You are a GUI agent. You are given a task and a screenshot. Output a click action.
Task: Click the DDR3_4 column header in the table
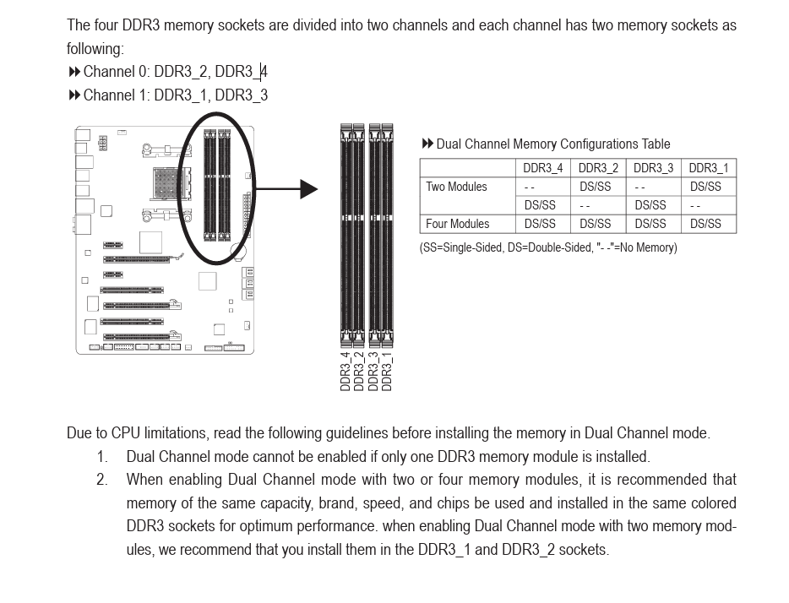pos(542,168)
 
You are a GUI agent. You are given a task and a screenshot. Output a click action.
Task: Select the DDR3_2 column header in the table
pos(598,168)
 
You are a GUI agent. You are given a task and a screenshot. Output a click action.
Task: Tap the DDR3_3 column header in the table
pos(653,168)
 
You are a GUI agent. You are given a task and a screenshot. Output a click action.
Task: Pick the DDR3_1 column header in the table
pos(708,168)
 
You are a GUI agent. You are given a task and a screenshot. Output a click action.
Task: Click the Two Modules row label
pos(456,187)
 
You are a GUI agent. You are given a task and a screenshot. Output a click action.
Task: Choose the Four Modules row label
pos(457,224)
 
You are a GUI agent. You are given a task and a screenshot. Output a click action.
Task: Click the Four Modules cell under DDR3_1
pos(705,224)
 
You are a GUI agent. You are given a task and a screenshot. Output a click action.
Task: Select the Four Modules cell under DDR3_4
pos(540,224)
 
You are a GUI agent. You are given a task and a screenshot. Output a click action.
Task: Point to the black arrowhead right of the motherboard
pos(308,189)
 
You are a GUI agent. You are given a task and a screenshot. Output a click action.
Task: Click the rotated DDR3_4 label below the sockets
pos(346,371)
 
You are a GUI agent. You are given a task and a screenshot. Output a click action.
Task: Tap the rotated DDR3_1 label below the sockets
pos(387,371)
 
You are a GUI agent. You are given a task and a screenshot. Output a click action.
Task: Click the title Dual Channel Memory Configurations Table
pos(552,144)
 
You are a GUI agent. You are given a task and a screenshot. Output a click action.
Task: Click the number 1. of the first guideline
pos(102,457)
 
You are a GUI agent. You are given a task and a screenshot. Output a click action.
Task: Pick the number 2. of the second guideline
pos(102,480)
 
